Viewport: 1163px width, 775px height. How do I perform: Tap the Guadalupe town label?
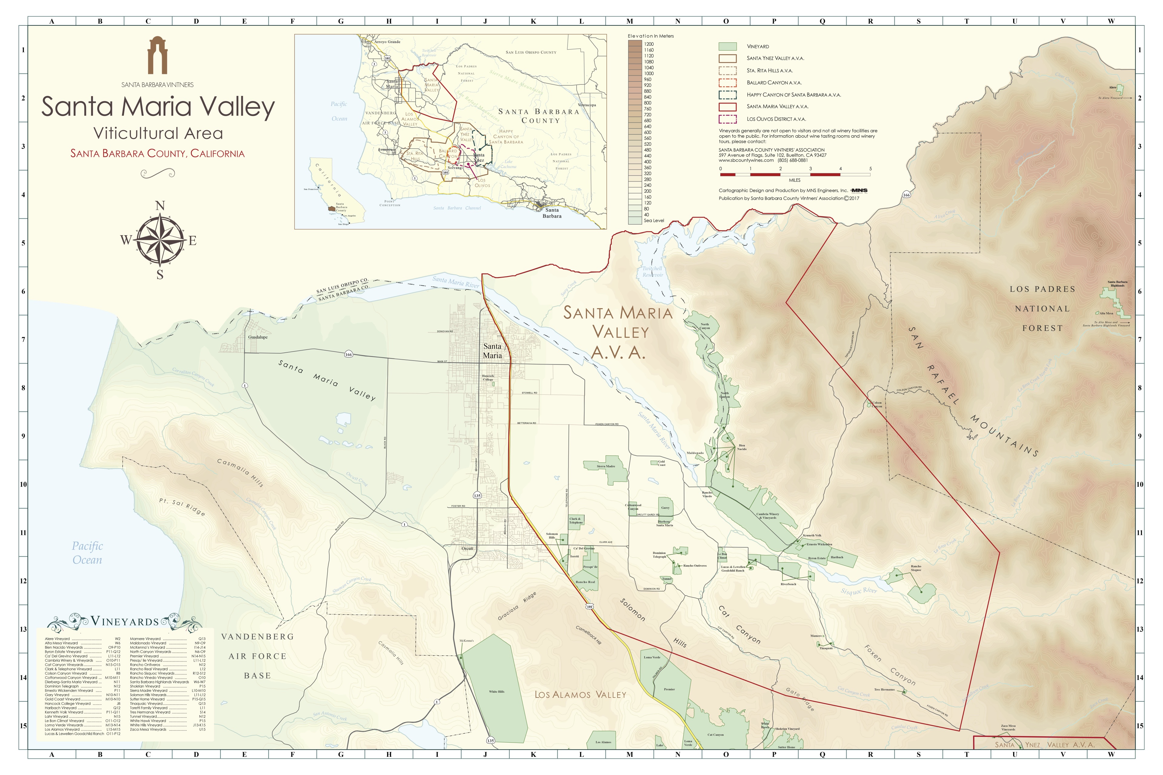pos(258,337)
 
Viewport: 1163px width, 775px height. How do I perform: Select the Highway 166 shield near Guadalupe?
pos(349,355)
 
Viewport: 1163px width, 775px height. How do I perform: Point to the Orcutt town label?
pos(467,549)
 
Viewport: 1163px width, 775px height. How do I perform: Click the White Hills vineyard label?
pos(496,691)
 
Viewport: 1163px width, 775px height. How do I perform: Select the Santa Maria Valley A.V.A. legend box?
pos(727,107)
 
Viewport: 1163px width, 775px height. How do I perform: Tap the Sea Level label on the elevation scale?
pos(654,220)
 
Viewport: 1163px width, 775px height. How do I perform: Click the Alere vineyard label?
pos(1112,87)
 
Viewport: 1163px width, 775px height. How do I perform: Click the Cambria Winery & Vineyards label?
pos(767,516)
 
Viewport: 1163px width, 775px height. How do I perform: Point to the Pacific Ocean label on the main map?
pos(88,552)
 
